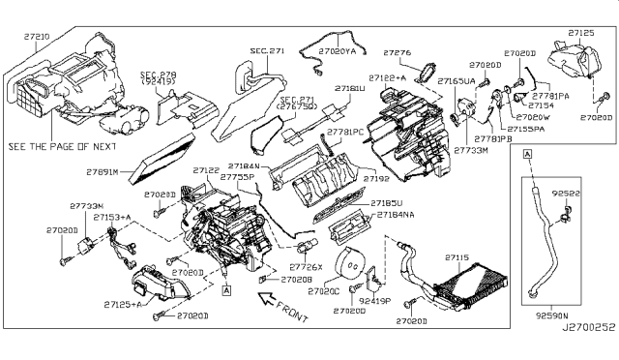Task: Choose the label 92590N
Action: point(546,315)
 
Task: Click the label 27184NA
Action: point(397,215)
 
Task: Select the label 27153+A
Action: point(112,218)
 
